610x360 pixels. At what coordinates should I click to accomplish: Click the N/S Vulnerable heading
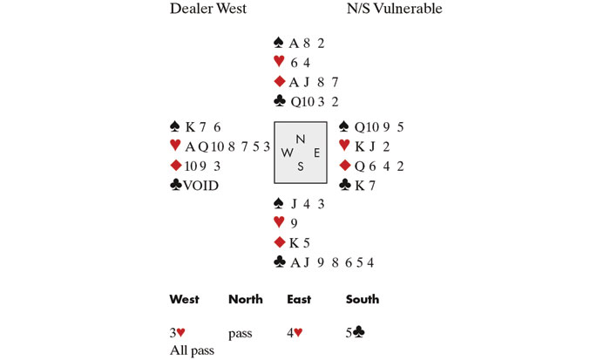tap(396, 10)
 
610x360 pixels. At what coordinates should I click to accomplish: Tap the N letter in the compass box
tap(301, 139)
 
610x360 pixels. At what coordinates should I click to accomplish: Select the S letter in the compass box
tap(301, 166)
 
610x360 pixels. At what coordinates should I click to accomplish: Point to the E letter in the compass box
tap(316, 153)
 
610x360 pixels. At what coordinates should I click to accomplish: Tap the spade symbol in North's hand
tap(279, 42)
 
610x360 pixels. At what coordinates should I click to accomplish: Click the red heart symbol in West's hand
tap(177, 146)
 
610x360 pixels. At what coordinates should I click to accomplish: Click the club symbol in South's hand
tap(279, 261)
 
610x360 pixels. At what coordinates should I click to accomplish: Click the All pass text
tap(192, 349)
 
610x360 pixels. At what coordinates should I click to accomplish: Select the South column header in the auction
tap(363, 300)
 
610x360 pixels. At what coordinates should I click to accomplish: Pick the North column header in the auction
tap(245, 300)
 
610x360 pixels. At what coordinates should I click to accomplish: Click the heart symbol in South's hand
tap(279, 222)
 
